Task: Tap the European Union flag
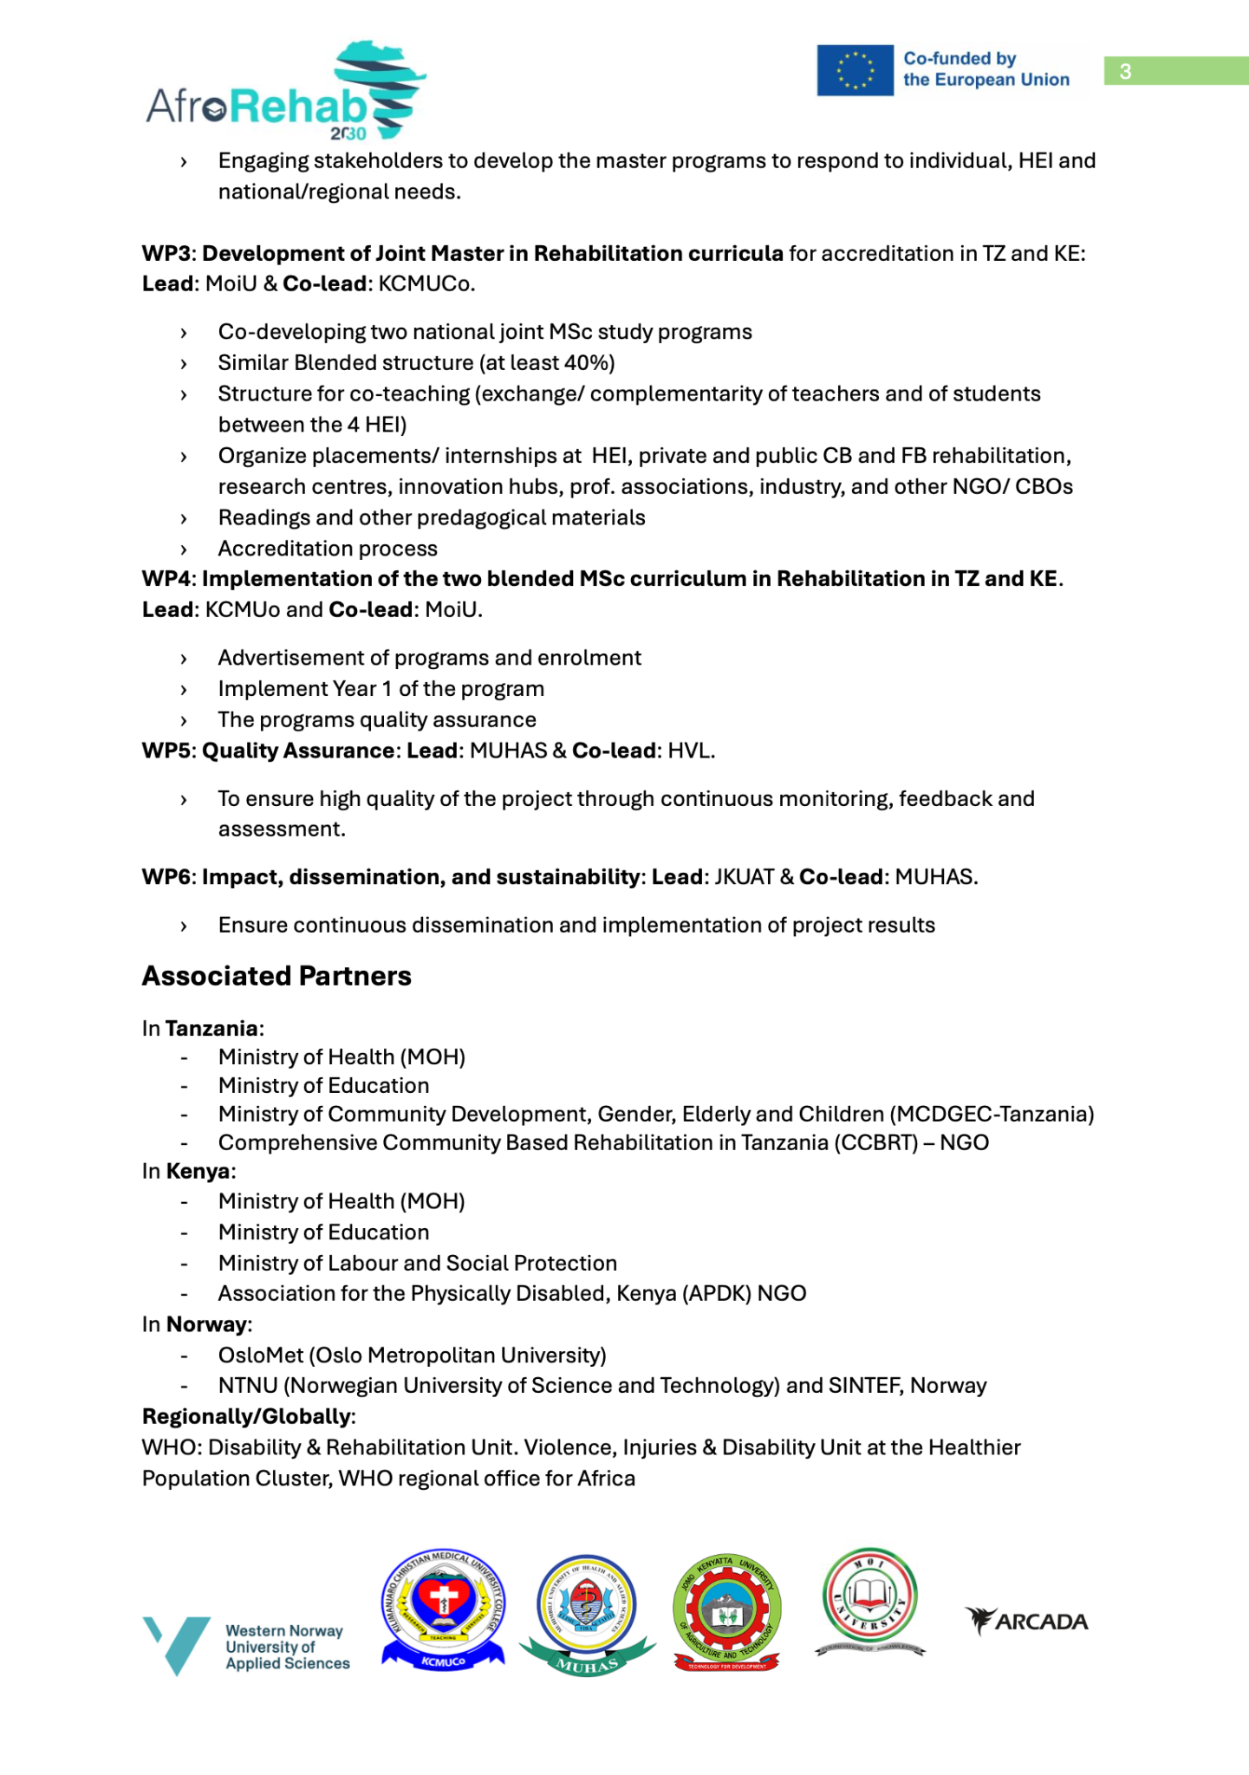tap(855, 70)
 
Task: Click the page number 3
tap(1125, 71)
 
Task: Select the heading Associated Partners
tap(276, 976)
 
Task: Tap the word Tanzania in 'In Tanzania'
tap(211, 1029)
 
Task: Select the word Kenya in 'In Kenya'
tap(198, 1172)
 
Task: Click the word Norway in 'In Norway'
tap(206, 1324)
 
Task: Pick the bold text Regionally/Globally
tap(247, 1416)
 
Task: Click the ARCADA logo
tap(1026, 1621)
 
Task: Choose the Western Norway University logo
tap(246, 1647)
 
